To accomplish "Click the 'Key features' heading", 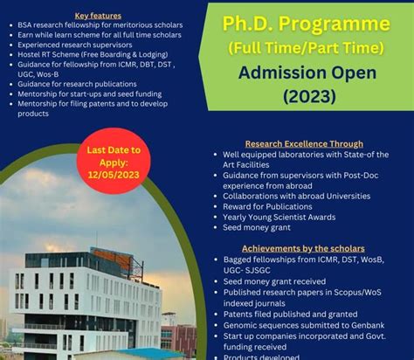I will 98,15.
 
